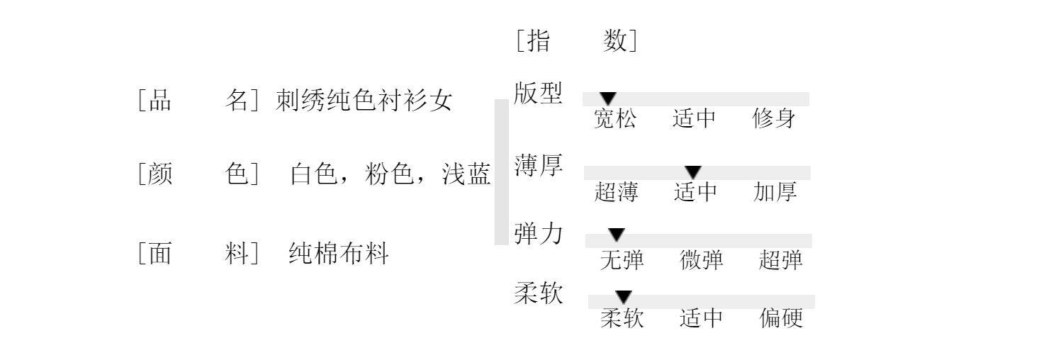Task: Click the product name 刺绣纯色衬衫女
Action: (x=364, y=101)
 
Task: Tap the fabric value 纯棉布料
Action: (x=339, y=253)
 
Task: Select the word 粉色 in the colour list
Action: (x=389, y=174)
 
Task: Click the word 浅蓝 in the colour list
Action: (x=466, y=174)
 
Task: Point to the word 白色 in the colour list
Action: (x=313, y=174)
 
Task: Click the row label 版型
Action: (x=538, y=93)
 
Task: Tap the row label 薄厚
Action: (x=538, y=166)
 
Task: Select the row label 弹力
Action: (x=538, y=233)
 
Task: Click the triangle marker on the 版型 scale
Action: (x=608, y=99)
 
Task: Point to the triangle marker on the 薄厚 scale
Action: (x=693, y=171)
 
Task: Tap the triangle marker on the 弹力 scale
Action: (x=617, y=235)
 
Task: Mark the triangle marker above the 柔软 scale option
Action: (x=624, y=296)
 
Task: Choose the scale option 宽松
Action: (x=615, y=119)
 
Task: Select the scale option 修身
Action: (x=774, y=119)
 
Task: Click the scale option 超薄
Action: (x=616, y=192)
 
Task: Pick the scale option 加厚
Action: (x=775, y=192)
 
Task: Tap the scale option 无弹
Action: (x=622, y=261)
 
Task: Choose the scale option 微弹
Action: (x=702, y=261)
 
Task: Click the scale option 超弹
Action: (x=780, y=261)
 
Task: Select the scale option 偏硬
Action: (x=781, y=319)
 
